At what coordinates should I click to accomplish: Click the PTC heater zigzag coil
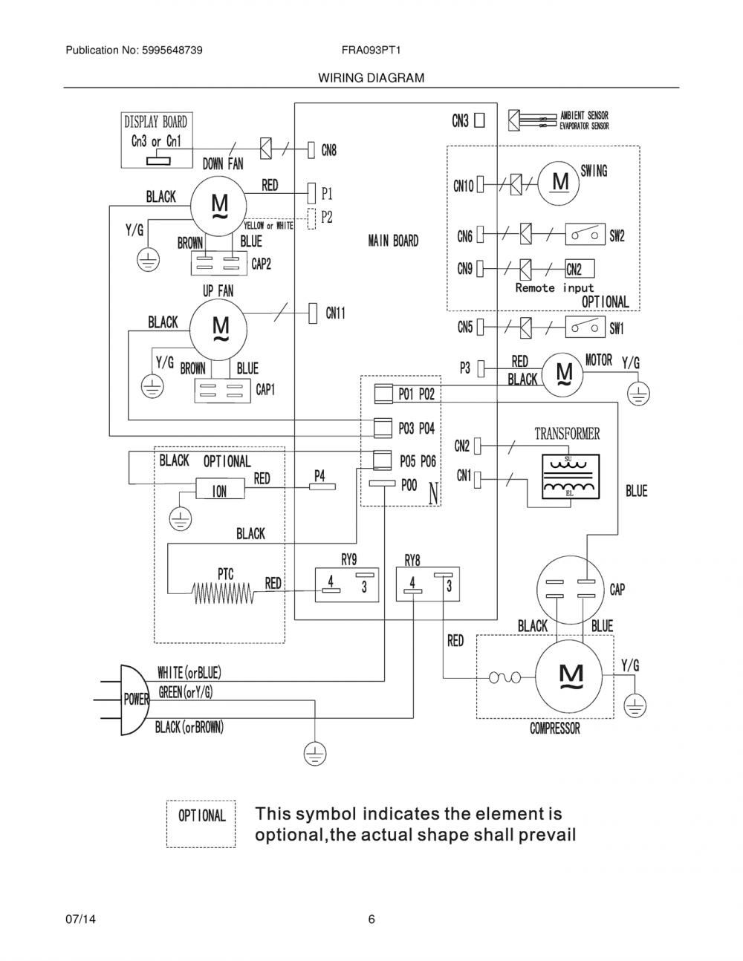223,593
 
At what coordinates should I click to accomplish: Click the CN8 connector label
328,151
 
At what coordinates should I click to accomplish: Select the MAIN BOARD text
393,241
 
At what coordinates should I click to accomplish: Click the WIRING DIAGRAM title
371,78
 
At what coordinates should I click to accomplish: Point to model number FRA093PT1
371,50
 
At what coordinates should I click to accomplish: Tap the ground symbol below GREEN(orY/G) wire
315,753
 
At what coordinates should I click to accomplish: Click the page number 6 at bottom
371,919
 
